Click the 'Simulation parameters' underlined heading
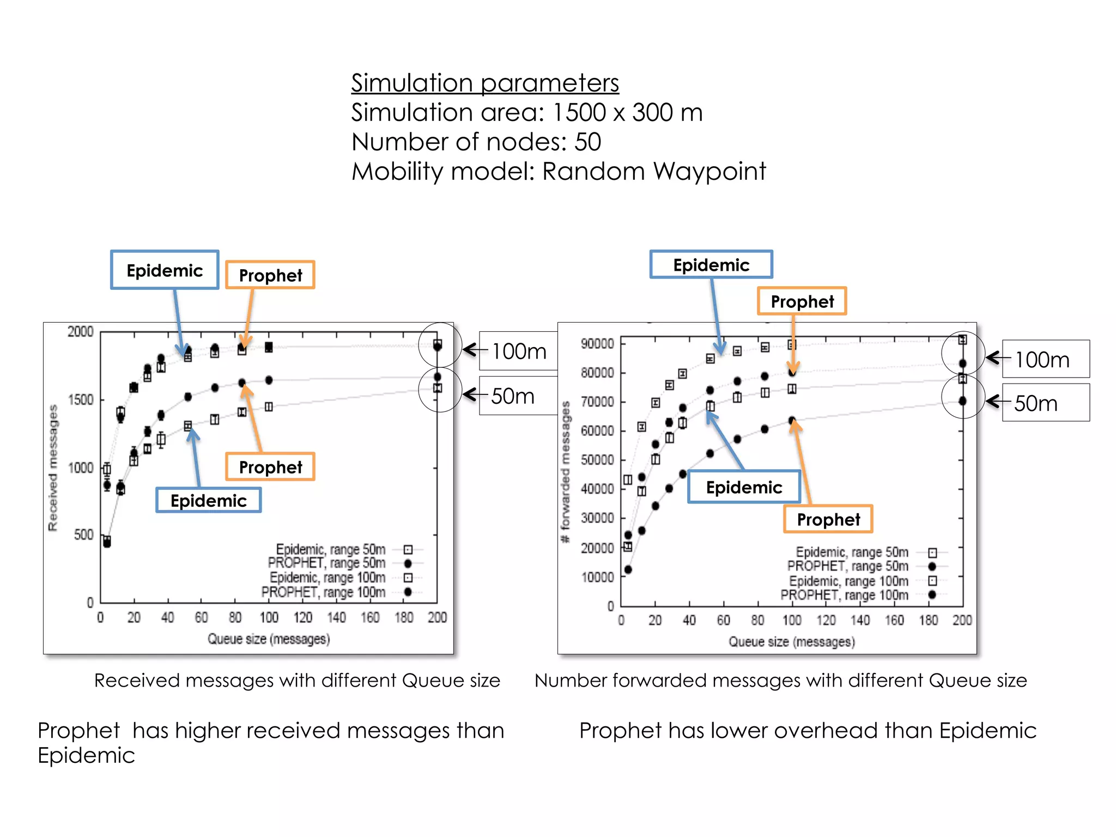[484, 83]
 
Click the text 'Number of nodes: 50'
[476, 142]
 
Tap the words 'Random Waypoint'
[653, 172]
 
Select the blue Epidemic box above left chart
[165, 270]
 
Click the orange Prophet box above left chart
[270, 275]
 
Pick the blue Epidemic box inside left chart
[208, 500]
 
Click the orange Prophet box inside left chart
[270, 467]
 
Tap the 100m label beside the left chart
[518, 351]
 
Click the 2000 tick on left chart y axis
[81, 331]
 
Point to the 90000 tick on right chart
[597, 344]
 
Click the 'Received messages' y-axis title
[53, 468]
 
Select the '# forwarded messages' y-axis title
[566, 471]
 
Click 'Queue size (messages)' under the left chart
[269, 639]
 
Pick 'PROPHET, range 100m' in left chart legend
[323, 592]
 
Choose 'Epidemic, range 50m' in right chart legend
[852, 552]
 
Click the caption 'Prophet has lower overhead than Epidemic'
[807, 731]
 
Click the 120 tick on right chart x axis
[826, 620]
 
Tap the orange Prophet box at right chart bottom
[828, 519]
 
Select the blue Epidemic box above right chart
[711, 265]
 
